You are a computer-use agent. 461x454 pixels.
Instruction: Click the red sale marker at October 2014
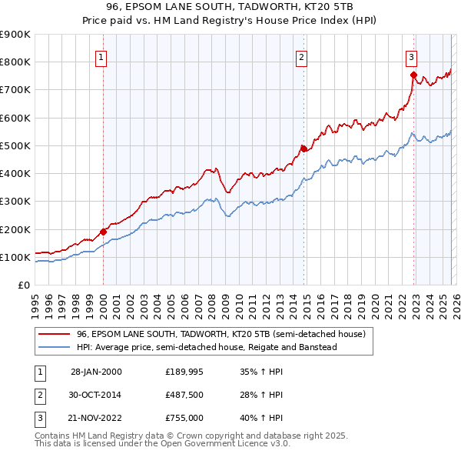click(303, 149)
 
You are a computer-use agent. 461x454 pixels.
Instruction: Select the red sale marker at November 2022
click(413, 75)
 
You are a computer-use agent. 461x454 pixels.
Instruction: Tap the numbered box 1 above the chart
click(101, 56)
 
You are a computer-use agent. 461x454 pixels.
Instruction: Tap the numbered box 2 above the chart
click(302, 56)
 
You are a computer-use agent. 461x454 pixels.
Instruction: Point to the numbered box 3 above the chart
click(412, 56)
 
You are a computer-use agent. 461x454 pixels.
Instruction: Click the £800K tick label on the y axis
click(15, 62)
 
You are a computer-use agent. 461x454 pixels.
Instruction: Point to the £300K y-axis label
click(15, 202)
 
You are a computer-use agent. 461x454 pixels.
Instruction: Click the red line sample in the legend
click(54, 335)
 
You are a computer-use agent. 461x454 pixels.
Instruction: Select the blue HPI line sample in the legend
click(54, 347)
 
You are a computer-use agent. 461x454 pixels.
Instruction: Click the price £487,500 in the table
click(184, 396)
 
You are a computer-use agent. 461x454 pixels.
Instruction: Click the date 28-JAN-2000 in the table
click(96, 371)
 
